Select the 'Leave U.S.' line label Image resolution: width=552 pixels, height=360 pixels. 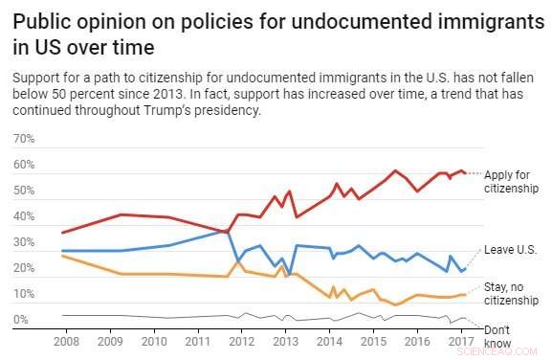(510, 249)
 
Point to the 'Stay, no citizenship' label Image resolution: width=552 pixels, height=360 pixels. (511, 293)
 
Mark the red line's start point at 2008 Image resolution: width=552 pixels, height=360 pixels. (61, 233)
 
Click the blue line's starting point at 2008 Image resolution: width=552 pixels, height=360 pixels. (61, 251)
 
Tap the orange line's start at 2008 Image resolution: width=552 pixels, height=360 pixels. (61, 256)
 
